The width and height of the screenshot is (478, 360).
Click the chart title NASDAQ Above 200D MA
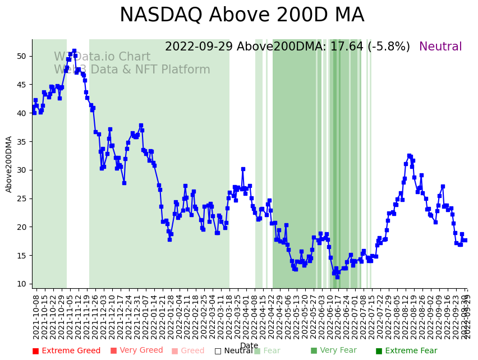242,15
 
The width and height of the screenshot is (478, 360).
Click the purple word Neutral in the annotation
440,47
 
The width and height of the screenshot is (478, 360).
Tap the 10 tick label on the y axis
21,284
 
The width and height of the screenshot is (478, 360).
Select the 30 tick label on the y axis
21,170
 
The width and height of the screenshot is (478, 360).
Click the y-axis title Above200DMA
9,164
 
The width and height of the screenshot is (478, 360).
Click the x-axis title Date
249,345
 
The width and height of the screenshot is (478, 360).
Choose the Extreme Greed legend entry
66,351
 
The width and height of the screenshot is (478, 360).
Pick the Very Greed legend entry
136,351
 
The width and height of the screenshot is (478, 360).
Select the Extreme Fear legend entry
406,351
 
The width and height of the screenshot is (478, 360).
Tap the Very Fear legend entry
333,351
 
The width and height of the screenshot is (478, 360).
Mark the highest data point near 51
74,51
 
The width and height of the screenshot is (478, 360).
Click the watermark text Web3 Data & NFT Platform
132,70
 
